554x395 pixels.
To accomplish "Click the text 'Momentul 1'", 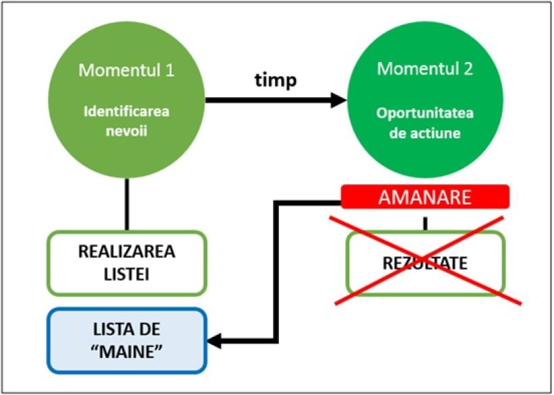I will point(126,70).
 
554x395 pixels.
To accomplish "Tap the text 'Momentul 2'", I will point(425,68).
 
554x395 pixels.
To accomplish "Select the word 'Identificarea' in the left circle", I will point(126,111).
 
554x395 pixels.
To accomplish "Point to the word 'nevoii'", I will point(126,132).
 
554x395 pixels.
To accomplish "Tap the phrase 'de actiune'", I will point(425,133).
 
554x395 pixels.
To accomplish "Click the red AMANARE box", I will point(424,196).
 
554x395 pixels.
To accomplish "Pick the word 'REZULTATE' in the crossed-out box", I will point(424,263).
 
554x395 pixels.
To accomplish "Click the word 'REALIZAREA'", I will point(126,253).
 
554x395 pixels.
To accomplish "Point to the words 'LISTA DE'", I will point(126,330).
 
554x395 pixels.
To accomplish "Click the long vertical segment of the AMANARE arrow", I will point(275,270).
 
